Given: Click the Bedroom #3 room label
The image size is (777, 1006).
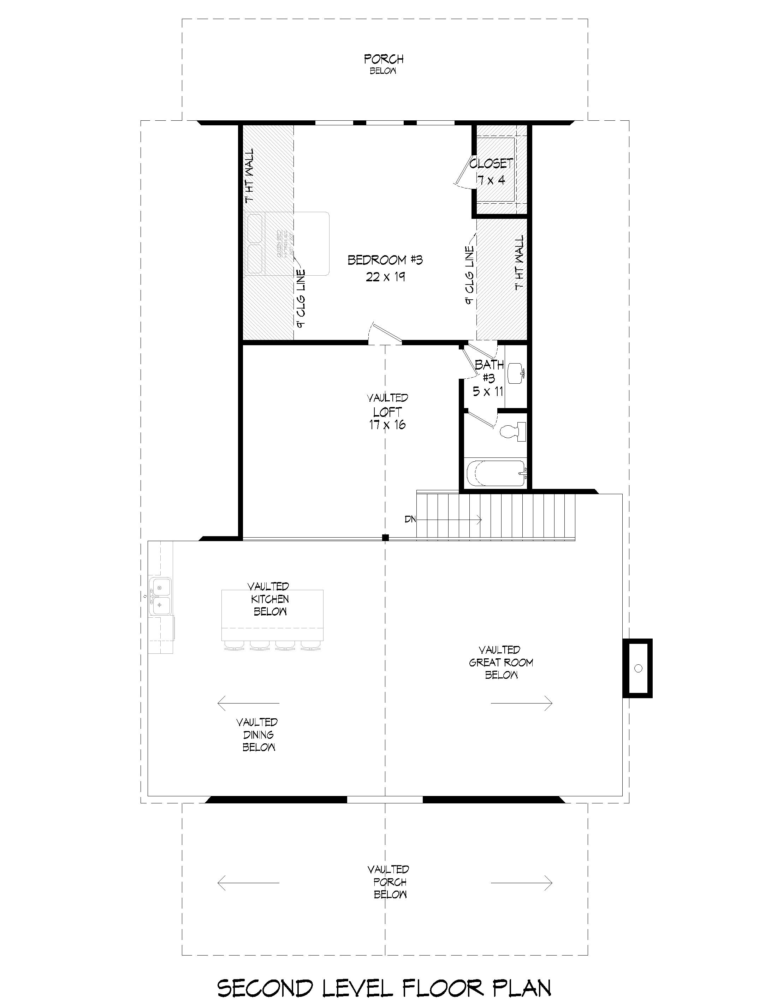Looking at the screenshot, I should pos(385,260).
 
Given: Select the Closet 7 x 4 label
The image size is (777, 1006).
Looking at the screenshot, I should pos(491,171).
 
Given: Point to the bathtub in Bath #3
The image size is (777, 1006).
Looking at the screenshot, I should pos(496,473).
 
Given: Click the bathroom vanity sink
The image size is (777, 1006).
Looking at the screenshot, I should pos(515,373).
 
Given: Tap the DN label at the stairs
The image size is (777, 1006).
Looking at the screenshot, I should pos(410,519).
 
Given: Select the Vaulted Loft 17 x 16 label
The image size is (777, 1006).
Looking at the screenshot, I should pos(387,411).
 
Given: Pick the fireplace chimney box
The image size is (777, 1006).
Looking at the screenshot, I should pos(638,668).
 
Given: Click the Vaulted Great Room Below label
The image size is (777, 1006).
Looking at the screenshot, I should pos(500,663).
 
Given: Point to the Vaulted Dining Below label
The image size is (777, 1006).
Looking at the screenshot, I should pos(258,735).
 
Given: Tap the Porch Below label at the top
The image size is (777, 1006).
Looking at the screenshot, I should pos(384,64).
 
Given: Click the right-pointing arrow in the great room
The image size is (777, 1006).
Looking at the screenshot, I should pos(521,703).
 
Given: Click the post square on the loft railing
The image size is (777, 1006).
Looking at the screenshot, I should pos(386,538).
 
